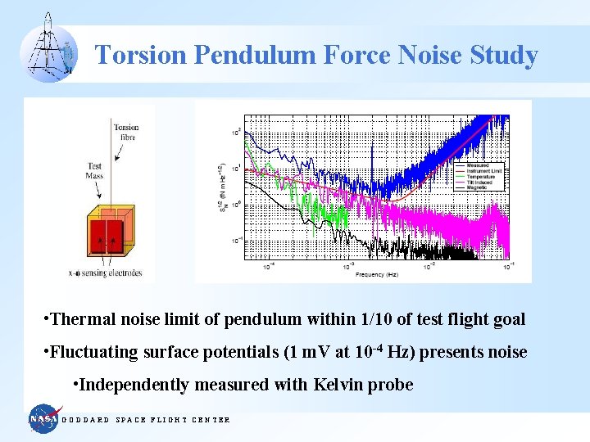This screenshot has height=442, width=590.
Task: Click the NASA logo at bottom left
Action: pos(44,419)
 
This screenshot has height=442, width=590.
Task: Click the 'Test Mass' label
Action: pos(94,171)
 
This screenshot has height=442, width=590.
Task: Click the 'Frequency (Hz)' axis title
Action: pos(378,275)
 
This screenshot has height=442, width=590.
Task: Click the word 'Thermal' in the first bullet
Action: pos(79,319)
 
